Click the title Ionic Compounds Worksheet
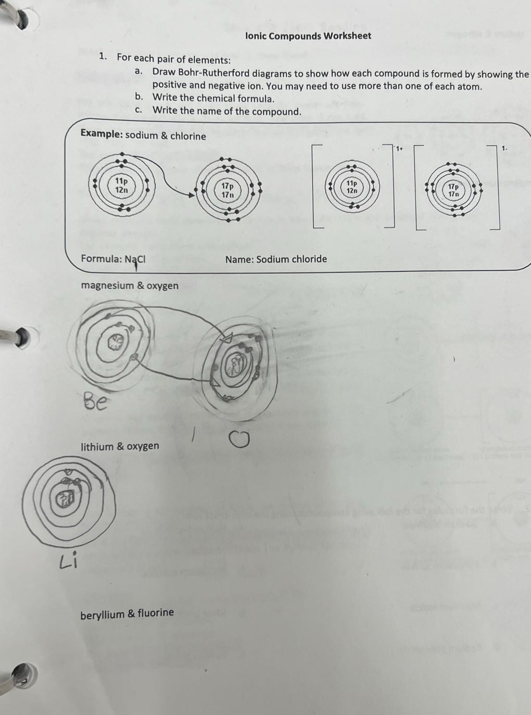308,36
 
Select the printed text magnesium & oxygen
130,286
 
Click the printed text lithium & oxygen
120,446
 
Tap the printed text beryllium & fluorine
127,614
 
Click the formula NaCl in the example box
135,259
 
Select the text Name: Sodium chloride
276,259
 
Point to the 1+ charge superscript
399,149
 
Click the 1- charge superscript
504,149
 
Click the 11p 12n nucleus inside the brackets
352,187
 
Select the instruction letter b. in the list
139,97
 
